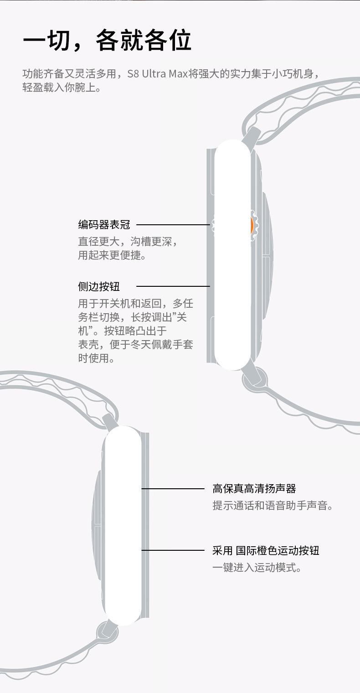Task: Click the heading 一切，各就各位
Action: point(107,41)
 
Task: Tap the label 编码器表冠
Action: point(104,225)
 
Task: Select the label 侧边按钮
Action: point(99,286)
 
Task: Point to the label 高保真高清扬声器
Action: point(254,489)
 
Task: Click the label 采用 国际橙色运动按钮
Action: point(266,550)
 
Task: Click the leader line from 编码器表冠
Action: point(173,225)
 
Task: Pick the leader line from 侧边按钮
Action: point(173,286)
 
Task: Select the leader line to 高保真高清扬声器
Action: point(173,489)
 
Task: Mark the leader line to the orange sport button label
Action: point(173,550)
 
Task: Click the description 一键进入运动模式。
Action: point(257,568)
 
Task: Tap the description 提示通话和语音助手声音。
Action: point(273,506)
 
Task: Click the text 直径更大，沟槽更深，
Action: point(128,242)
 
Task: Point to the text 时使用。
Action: point(96,358)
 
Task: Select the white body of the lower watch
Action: point(122,524)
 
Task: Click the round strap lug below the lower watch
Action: point(107,633)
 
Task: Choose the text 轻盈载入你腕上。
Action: point(62,87)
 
